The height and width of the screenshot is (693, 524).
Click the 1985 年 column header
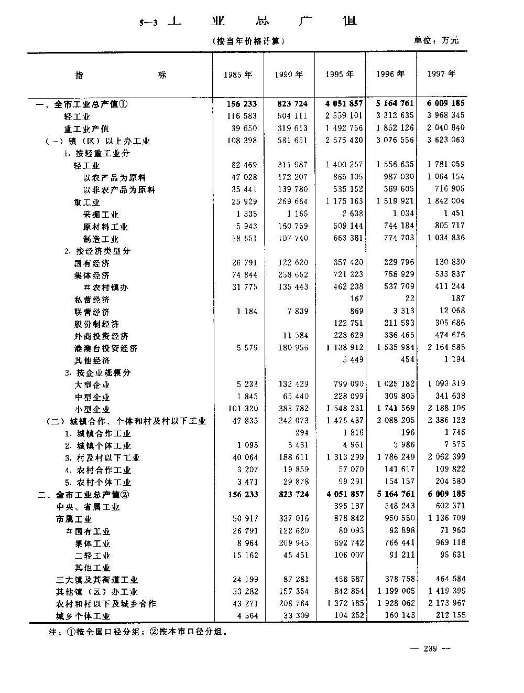pos(238,74)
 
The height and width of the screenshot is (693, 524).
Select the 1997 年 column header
pos(441,74)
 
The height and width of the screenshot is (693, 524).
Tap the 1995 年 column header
pos(340,74)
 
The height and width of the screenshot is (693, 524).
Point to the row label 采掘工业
pos(101,215)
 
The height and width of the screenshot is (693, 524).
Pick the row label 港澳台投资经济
pos(106,348)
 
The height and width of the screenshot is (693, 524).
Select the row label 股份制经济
pos(96,324)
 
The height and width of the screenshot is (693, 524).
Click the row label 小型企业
pos(92,409)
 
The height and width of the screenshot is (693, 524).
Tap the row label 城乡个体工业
pos(83,616)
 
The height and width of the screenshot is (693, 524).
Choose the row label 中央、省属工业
pos(89,507)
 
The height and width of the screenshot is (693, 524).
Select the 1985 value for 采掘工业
pos(247,214)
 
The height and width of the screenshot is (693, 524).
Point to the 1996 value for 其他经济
pos(407,360)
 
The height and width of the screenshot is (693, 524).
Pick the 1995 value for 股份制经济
pos(348,323)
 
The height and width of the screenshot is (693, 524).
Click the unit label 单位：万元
pos(436,40)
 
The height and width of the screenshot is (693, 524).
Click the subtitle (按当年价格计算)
pos(249,41)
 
